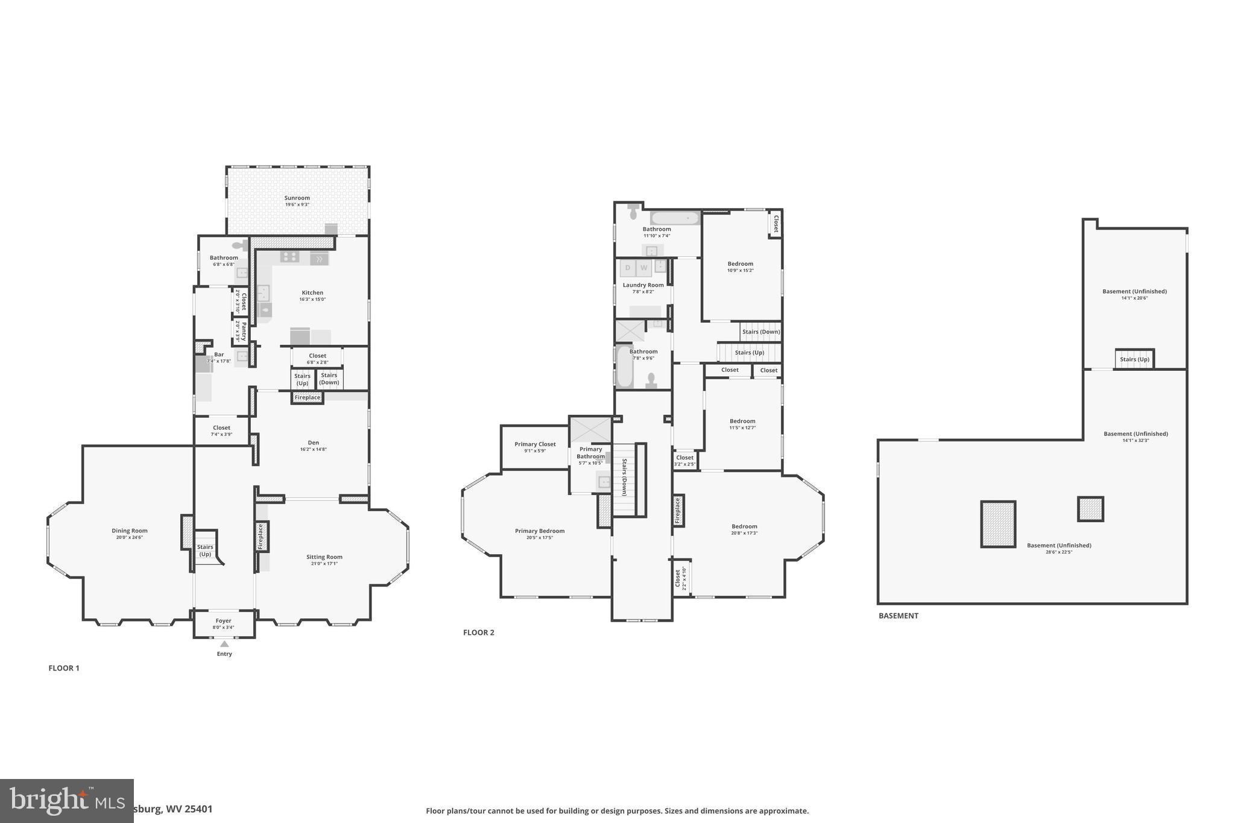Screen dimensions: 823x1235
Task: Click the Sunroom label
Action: (x=297, y=198)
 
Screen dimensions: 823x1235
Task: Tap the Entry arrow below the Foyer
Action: (x=224, y=644)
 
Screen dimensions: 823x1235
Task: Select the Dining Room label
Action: (x=130, y=531)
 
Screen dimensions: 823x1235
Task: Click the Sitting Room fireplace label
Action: (x=261, y=536)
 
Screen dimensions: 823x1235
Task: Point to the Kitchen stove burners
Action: (x=289, y=257)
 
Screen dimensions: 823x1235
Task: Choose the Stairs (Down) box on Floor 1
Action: (x=329, y=379)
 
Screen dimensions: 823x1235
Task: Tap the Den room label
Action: (x=314, y=443)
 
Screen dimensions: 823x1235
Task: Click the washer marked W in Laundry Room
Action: (x=644, y=268)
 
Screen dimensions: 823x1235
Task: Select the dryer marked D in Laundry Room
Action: (x=628, y=268)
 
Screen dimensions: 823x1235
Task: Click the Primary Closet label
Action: (x=535, y=444)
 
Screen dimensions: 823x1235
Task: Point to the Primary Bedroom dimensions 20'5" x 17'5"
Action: (x=540, y=538)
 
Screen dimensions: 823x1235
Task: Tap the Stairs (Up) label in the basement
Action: (x=1134, y=359)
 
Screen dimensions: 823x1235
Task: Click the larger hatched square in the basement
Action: (x=998, y=524)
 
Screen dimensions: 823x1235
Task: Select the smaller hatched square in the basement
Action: (x=1090, y=509)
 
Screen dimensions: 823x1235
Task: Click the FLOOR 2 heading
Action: (x=479, y=632)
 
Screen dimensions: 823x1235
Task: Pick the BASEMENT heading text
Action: (x=899, y=616)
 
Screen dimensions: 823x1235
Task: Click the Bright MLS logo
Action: (x=66, y=800)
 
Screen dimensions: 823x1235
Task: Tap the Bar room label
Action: (x=219, y=355)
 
